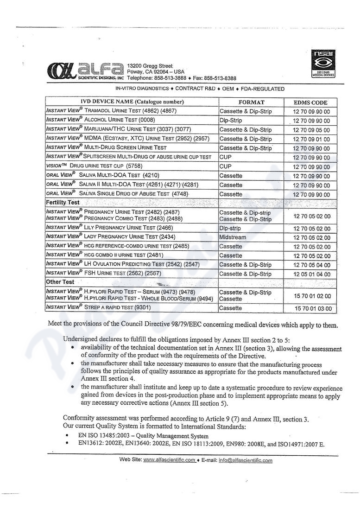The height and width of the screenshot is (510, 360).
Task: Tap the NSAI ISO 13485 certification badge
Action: [323, 64]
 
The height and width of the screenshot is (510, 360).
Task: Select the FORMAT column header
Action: [251, 102]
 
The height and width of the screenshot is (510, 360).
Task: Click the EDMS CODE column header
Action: [310, 102]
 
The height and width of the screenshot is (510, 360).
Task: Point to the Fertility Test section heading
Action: [63, 203]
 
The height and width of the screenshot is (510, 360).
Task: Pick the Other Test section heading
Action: [60, 282]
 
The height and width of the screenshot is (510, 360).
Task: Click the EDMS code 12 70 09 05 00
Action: [311, 130]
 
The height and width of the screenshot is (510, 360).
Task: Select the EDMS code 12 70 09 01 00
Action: [311, 139]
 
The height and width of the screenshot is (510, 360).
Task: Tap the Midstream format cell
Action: [233, 237]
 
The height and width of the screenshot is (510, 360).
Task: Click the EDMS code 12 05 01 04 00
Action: [311, 274]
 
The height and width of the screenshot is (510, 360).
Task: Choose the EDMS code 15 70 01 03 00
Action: [314, 308]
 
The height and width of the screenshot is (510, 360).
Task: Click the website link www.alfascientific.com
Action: [170, 460]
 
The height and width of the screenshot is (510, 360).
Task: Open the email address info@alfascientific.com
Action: [246, 460]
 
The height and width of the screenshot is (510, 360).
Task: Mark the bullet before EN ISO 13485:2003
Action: [68, 436]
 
